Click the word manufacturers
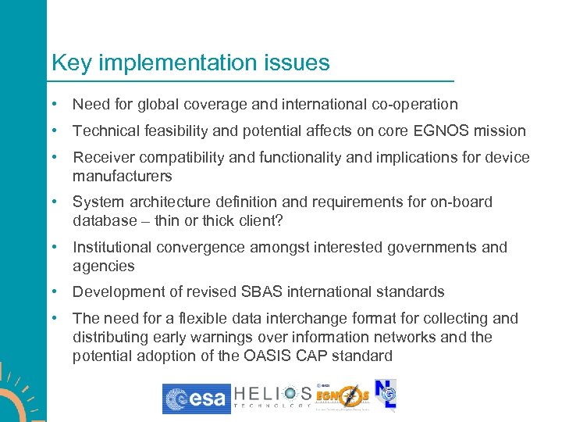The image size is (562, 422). click(x=123, y=176)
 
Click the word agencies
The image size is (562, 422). click(x=104, y=266)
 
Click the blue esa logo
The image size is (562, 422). click(x=197, y=399)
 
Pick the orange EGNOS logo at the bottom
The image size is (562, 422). click(x=342, y=397)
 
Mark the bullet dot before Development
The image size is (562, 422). click(x=53, y=292)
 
